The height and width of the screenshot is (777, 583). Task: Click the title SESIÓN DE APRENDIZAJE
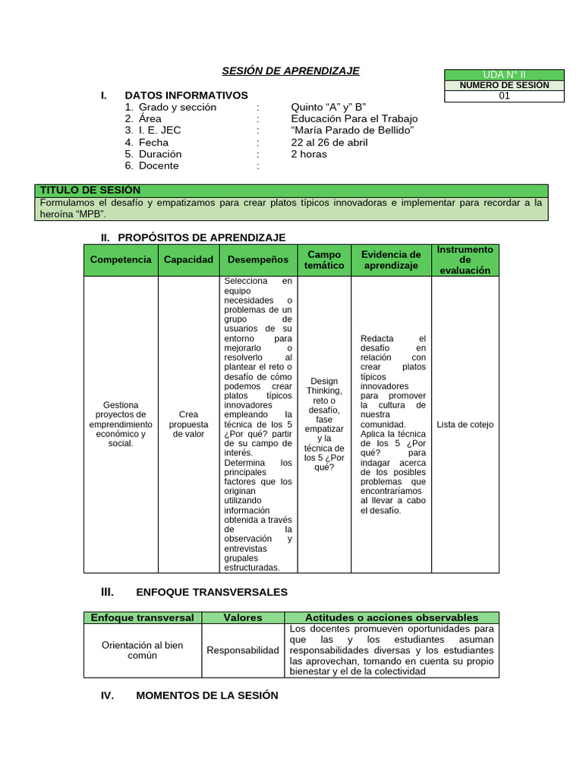[x=290, y=71]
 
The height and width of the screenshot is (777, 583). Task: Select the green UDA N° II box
[x=504, y=74]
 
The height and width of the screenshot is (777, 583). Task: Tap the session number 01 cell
[x=504, y=96]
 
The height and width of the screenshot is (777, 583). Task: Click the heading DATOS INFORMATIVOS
[x=186, y=95]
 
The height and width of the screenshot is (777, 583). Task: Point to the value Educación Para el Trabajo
[x=354, y=118]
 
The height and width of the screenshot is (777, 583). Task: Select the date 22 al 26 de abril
[x=329, y=142]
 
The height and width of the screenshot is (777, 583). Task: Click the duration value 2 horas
[x=309, y=154]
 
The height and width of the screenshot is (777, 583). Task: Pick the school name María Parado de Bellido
[x=352, y=130]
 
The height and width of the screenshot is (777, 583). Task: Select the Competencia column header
[x=121, y=260]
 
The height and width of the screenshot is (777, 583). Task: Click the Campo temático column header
[x=324, y=260]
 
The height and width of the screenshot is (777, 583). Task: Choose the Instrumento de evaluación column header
[x=465, y=260]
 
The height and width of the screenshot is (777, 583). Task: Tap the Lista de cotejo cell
[x=465, y=424]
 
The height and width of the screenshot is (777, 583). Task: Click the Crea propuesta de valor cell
[x=188, y=424]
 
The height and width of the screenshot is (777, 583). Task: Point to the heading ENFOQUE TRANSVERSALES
[x=212, y=592]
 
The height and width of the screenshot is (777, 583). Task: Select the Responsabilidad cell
[x=243, y=650]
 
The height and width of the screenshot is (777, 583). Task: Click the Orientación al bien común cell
[x=142, y=650]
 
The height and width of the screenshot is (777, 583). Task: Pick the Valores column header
[x=243, y=618]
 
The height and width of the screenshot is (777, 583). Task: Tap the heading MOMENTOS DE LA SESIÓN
[x=206, y=695]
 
